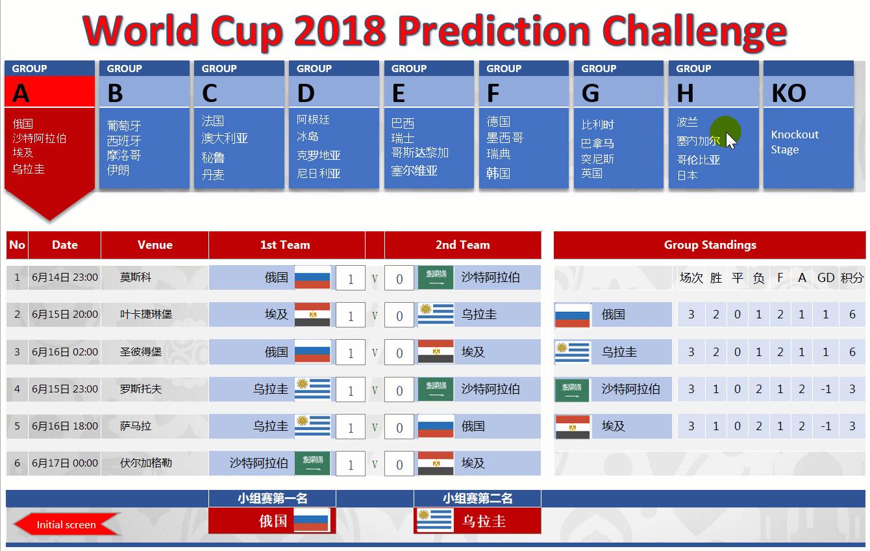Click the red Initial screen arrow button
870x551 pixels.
click(x=66, y=524)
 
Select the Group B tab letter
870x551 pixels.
click(x=116, y=94)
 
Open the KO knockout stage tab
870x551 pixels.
click(x=789, y=94)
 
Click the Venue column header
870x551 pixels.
click(x=155, y=245)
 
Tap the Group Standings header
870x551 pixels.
click(x=710, y=245)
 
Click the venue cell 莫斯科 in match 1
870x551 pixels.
click(x=135, y=277)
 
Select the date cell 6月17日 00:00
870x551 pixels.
click(x=65, y=463)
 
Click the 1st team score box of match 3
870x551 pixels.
click(x=351, y=352)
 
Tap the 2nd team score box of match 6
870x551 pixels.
click(x=399, y=463)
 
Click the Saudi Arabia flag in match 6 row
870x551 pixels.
click(x=312, y=463)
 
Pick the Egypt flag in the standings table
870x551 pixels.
click(x=573, y=427)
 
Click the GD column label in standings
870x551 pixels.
click(x=826, y=278)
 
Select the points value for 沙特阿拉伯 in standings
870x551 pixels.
click(x=852, y=389)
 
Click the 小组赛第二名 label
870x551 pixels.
click(x=477, y=498)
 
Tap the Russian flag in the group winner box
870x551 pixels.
click(x=311, y=520)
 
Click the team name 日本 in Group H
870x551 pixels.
click(x=687, y=175)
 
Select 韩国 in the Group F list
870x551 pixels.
click(x=499, y=173)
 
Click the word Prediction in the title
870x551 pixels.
click(x=494, y=31)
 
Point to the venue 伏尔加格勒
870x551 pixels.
click(x=145, y=463)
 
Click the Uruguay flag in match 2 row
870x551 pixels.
click(x=436, y=314)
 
